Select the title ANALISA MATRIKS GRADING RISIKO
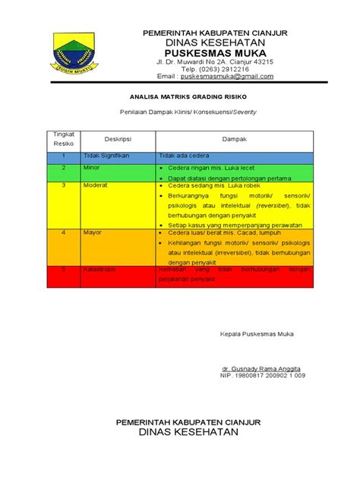(180, 98)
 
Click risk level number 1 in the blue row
(64, 155)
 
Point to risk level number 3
(64, 185)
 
